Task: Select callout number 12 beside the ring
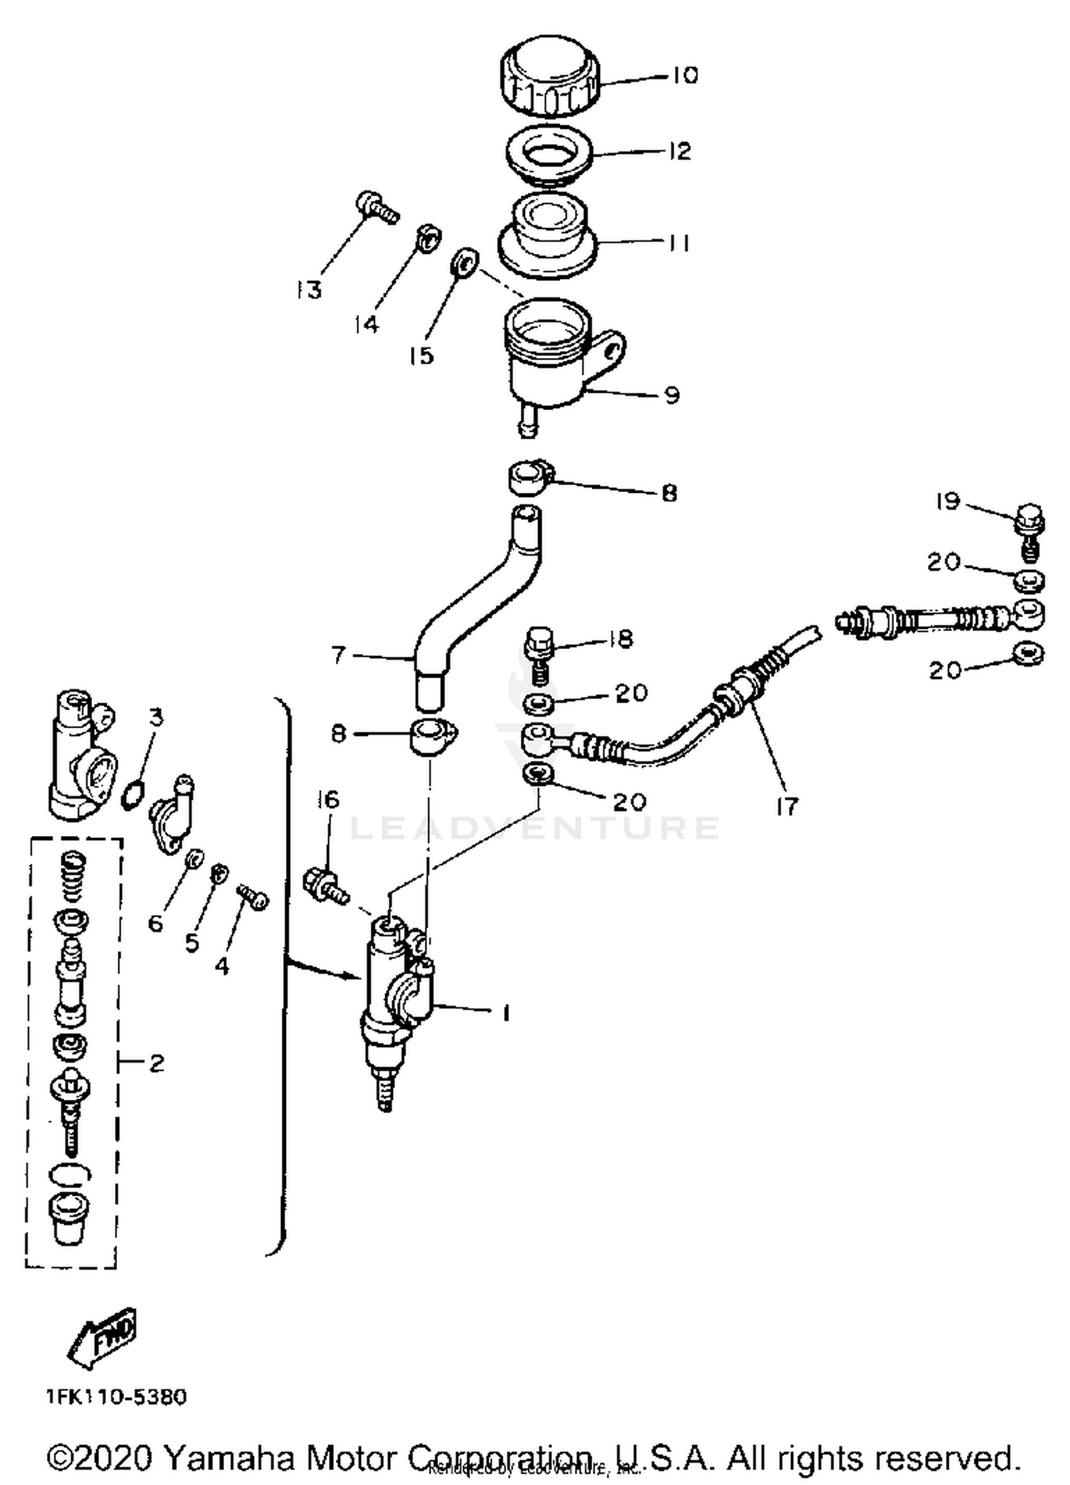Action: point(679,150)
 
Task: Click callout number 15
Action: point(422,354)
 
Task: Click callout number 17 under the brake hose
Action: point(787,806)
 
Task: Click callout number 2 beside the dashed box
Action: point(156,1063)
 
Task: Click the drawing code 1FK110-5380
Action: point(116,1396)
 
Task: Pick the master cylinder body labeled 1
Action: point(396,999)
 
